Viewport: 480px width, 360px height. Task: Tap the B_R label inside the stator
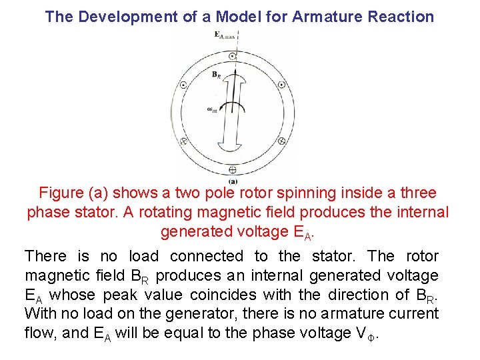(216, 75)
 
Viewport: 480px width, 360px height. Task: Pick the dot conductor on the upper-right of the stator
(281, 85)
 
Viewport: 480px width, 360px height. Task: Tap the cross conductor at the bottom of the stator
(233, 169)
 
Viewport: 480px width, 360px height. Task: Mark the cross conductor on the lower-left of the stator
(184, 141)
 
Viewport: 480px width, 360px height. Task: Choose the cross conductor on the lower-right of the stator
(281, 141)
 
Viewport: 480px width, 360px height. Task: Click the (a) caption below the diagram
(233, 181)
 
